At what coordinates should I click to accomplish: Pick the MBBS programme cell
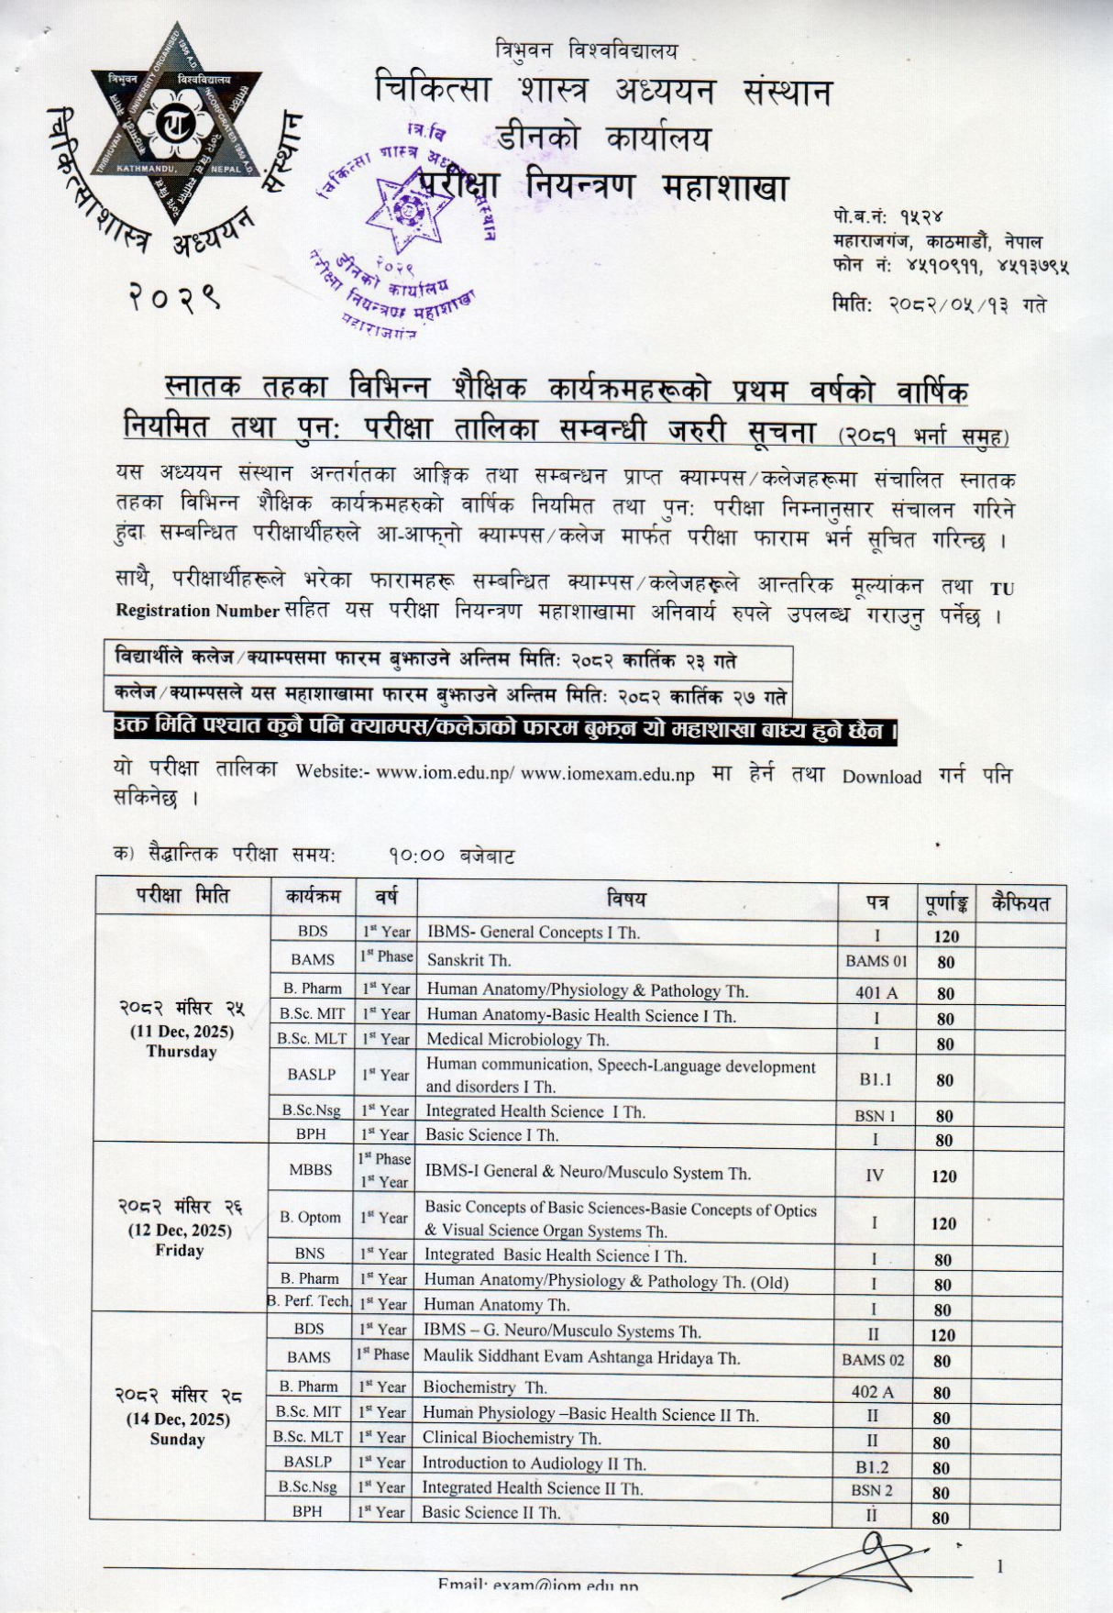[x=311, y=1170]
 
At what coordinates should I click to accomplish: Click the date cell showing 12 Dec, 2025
[x=180, y=1230]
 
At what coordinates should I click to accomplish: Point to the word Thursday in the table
[x=181, y=1051]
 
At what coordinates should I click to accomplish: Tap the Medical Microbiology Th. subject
[x=517, y=1039]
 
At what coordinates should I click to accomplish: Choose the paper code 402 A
[x=872, y=1391]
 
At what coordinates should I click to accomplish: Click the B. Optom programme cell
[x=311, y=1217]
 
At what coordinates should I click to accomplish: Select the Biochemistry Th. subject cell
[x=484, y=1387]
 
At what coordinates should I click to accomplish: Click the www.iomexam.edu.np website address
[x=607, y=774]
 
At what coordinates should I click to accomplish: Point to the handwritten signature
[x=862, y=1559]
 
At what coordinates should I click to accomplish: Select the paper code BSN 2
[x=871, y=1490]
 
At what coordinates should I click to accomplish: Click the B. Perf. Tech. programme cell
[x=310, y=1301]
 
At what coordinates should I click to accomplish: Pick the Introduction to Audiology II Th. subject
[x=534, y=1463]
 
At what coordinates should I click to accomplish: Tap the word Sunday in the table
[x=177, y=1439]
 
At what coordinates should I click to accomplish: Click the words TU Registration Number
[x=197, y=610]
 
